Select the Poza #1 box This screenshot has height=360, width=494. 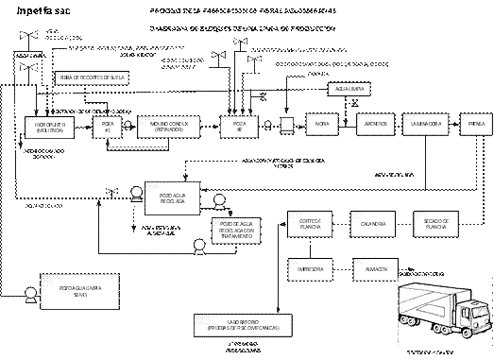108,127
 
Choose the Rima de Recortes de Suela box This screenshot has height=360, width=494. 92,77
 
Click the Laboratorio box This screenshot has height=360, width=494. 242,324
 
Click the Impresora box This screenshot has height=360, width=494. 310,270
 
